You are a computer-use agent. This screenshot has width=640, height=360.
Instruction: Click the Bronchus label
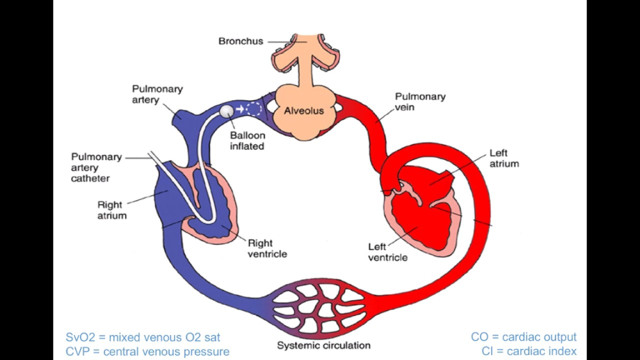point(240,41)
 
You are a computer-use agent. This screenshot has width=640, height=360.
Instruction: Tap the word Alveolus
point(304,110)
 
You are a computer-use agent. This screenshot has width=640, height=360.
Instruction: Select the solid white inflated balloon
point(227,110)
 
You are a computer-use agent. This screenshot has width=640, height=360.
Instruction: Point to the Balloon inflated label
point(247,140)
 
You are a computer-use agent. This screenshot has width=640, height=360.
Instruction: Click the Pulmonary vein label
point(413,101)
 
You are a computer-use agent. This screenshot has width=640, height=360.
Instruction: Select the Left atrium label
point(504,158)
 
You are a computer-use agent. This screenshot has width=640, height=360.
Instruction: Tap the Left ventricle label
point(387,252)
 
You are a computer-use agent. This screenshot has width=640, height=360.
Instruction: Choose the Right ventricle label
point(267,248)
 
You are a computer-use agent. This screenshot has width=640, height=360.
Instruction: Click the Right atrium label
point(111,210)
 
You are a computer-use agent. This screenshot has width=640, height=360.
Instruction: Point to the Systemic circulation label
point(323,345)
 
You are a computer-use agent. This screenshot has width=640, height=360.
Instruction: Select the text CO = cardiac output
point(523,337)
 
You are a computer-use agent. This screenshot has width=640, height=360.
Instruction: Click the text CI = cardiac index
point(529,351)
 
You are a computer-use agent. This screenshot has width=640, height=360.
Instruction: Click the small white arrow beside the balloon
point(240,109)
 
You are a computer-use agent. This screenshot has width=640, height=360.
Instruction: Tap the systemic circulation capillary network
point(320,307)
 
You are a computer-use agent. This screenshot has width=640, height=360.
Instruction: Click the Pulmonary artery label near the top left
point(157,94)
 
